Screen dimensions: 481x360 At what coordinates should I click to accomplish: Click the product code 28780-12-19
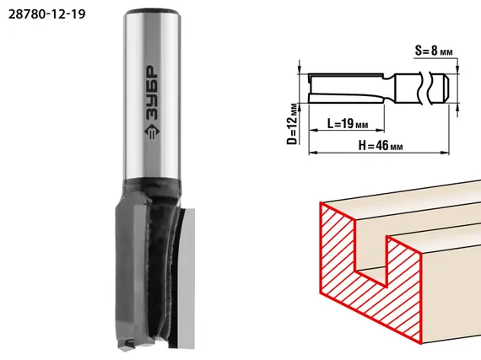tap(46, 14)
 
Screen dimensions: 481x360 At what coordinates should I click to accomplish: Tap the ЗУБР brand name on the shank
tap(152, 92)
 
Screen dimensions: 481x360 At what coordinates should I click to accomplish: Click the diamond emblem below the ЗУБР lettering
tap(152, 132)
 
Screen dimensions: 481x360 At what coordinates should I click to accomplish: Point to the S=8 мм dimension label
tap(434, 51)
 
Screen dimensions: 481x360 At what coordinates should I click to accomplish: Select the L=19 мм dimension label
tap(348, 123)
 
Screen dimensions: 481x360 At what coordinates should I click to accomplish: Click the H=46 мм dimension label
tap(381, 145)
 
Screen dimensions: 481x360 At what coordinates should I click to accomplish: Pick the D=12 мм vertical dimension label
tap(293, 124)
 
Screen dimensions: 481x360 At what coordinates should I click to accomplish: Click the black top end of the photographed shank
tap(152, 12)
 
